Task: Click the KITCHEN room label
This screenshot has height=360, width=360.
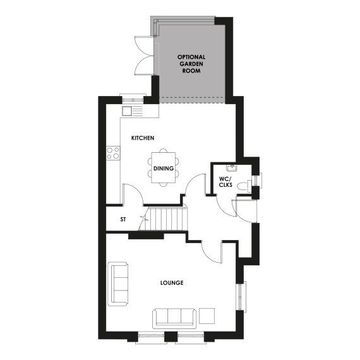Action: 143,138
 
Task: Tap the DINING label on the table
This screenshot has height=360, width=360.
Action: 164,169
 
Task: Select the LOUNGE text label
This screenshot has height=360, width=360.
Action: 171,282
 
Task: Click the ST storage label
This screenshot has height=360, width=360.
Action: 124,220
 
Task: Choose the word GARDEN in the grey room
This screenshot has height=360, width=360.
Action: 191,63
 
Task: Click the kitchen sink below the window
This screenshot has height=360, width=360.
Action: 128,111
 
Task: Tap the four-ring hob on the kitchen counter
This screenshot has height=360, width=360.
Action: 114,152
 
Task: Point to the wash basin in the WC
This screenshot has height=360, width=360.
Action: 232,167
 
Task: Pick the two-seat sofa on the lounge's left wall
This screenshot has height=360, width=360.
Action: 119,284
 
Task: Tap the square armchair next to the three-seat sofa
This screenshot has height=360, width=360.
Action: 207,315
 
